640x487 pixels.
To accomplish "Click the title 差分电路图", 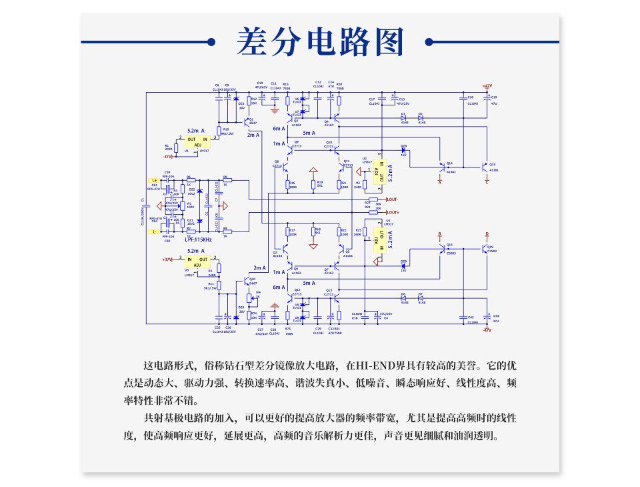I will (x=320, y=43).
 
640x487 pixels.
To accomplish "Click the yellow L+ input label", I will (x=155, y=180).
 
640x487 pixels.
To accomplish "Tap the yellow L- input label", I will (x=155, y=231).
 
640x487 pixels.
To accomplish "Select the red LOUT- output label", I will (x=392, y=199).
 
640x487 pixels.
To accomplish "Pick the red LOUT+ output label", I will (x=393, y=212).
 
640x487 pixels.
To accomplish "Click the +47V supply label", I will (x=487, y=86).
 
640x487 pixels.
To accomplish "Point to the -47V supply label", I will (x=487, y=330).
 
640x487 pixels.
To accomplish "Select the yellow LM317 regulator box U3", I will (x=198, y=262).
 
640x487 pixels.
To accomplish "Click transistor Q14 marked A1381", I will (x=443, y=166).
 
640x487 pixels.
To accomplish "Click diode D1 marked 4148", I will (x=404, y=118).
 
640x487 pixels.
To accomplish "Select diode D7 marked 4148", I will (x=421, y=298).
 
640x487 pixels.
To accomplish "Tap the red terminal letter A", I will (x=440, y=181).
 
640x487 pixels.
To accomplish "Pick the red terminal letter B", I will (x=439, y=234).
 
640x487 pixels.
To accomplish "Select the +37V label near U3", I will (x=167, y=259).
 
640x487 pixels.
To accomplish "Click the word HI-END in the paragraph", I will (x=375, y=366).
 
